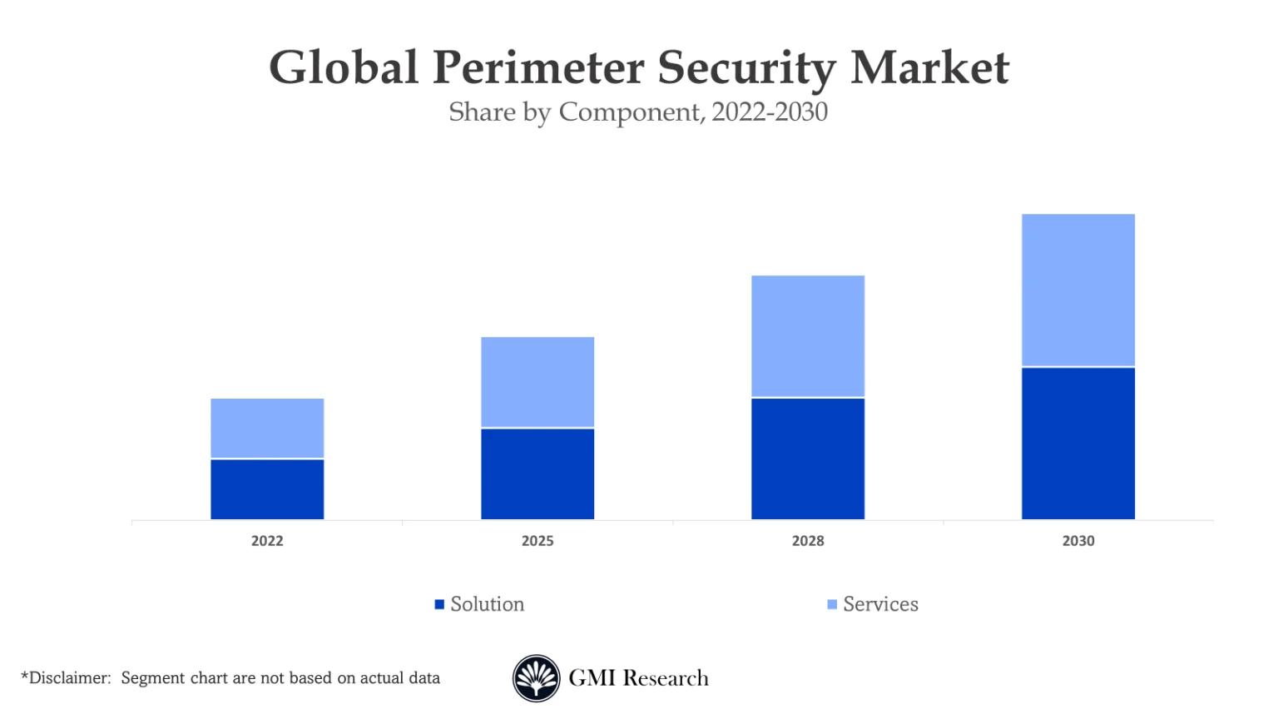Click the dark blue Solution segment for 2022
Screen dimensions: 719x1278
point(267,489)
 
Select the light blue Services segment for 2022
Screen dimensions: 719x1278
point(267,428)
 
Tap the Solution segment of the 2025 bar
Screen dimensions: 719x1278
point(537,474)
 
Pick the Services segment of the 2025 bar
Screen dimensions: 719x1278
point(537,382)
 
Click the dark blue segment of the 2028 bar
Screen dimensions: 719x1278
point(808,459)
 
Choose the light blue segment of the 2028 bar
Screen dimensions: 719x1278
point(808,335)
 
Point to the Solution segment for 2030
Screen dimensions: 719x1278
point(1078,444)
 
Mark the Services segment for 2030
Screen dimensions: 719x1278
point(1078,290)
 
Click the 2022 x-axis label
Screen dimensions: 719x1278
point(267,541)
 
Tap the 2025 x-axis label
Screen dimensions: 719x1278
point(537,541)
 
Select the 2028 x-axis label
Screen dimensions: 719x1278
point(808,541)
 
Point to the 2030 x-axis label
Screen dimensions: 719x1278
point(1078,541)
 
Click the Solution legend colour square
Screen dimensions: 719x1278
point(439,604)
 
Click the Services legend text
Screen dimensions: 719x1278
point(880,604)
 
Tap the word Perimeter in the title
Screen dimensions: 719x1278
point(538,68)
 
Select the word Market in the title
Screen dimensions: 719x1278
point(929,68)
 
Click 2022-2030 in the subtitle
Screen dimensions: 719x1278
point(770,112)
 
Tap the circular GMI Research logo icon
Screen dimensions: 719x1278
point(536,678)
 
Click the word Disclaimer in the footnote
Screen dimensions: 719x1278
point(69,678)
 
